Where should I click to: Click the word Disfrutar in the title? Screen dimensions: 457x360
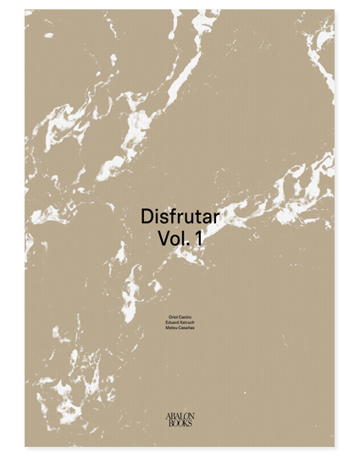[x=180, y=217]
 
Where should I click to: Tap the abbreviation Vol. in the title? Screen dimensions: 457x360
[x=173, y=240]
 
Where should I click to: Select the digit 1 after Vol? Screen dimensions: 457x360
[x=199, y=240]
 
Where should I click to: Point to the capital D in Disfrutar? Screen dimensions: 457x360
[x=145, y=217]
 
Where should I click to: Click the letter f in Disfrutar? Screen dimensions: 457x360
[x=169, y=217]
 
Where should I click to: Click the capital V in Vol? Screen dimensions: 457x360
[x=163, y=240]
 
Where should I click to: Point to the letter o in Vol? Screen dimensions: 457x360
[x=174, y=240]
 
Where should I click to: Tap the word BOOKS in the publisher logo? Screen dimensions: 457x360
[x=180, y=424]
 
